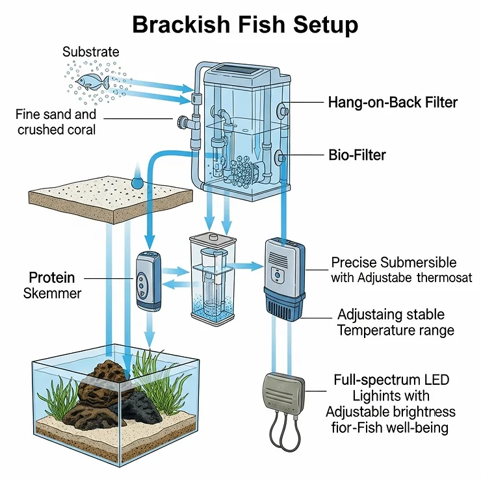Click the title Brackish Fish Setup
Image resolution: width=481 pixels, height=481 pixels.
point(245,25)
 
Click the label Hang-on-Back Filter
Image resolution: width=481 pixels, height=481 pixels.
point(393,102)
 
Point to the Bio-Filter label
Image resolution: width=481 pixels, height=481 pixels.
point(357,155)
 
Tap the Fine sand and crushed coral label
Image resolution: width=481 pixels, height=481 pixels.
point(56,122)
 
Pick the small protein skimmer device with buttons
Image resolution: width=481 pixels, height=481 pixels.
point(145,279)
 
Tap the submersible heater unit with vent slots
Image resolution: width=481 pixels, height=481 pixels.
point(284,278)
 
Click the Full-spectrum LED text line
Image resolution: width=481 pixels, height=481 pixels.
point(391,380)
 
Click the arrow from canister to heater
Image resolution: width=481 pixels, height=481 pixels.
point(248,265)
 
